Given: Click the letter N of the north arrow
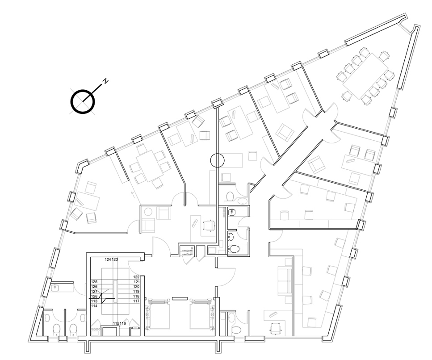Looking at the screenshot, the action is [105, 81].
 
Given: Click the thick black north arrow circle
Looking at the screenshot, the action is [83, 101].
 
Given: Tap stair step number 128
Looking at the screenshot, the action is [94, 297].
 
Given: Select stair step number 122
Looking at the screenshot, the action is [136, 277].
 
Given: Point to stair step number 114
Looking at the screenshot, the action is [94, 306].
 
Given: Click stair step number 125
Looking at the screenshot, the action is [94, 282].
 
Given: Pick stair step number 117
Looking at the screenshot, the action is [136, 301].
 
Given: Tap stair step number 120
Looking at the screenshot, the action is [136, 287].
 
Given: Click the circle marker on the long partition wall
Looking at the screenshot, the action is [218, 160].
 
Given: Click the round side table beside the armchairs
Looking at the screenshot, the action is [149, 212].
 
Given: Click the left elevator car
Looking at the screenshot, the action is [159, 314].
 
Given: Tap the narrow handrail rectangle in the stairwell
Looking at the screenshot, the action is [115, 291].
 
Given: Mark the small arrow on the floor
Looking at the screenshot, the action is [133, 195].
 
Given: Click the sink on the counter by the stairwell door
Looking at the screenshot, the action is [56, 288].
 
